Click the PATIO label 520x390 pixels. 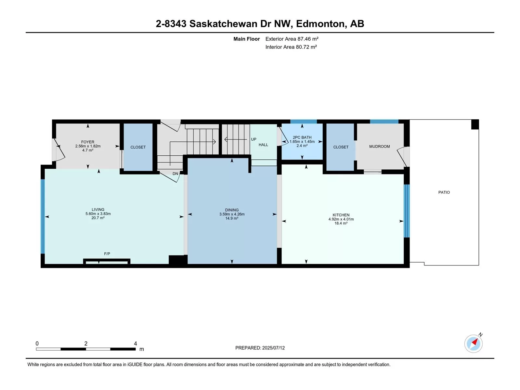point(444,192)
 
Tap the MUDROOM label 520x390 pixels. point(379,146)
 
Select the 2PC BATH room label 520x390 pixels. point(302,137)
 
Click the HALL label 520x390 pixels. point(263,145)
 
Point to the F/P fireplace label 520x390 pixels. point(107,253)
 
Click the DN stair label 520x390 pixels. point(175,174)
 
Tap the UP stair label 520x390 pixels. point(253,139)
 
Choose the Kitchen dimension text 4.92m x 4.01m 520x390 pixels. point(341,219)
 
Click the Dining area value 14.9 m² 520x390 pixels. point(232,218)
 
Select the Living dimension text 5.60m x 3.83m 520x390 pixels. point(98,214)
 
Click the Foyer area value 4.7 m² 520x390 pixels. point(88,150)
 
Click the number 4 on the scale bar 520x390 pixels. point(135,343)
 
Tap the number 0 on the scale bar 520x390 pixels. point(37,343)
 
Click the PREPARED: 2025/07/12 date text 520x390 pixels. point(260,348)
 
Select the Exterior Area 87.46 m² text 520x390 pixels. point(292,39)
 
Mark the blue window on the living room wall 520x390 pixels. point(43,216)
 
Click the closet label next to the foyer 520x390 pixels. point(138,147)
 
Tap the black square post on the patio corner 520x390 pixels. point(475,124)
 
